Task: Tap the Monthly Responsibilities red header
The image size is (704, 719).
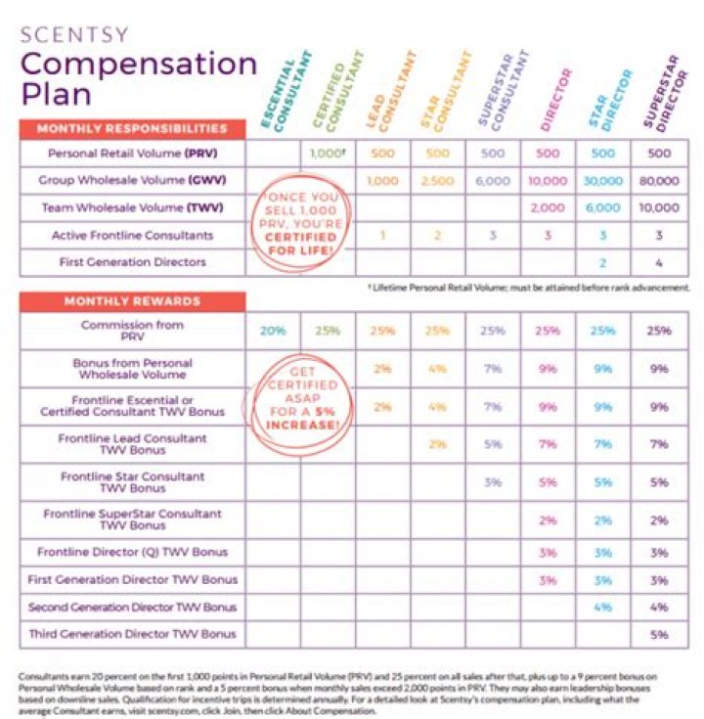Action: click(x=132, y=128)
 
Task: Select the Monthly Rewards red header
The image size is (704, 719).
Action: click(x=132, y=301)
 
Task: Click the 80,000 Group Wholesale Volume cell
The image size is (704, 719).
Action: click(x=661, y=181)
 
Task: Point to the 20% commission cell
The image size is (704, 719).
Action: click(x=273, y=331)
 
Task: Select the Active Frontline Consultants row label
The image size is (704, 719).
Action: click(x=133, y=236)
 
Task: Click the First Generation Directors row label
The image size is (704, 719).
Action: click(x=133, y=263)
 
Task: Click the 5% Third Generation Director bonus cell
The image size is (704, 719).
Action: click(x=661, y=634)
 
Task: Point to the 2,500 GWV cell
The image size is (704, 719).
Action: click(x=438, y=181)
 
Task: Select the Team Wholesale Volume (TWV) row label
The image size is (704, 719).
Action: click(x=133, y=208)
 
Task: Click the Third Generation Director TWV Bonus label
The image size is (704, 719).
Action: click(x=133, y=634)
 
